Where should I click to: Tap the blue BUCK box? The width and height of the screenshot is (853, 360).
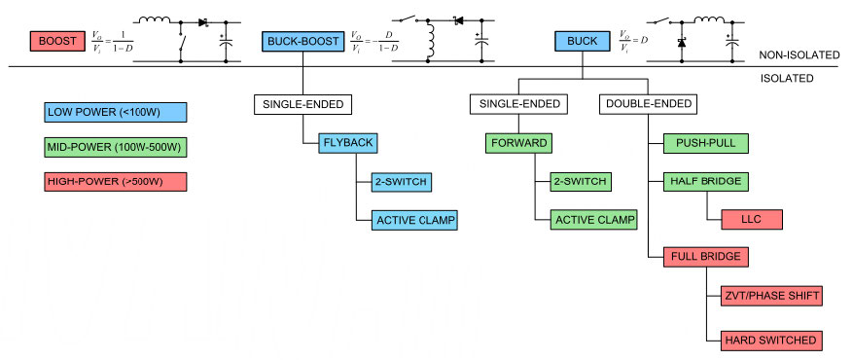tap(583, 41)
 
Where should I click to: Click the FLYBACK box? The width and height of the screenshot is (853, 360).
tap(347, 143)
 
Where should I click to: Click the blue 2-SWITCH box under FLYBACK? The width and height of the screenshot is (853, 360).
tap(400, 181)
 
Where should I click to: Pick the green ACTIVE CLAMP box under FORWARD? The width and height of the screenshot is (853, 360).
tap(593, 219)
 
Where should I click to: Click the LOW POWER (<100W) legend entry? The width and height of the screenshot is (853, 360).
tap(115, 112)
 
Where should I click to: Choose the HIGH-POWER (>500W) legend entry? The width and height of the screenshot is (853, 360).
tap(115, 182)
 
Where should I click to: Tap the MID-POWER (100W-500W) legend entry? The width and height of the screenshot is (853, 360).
tap(115, 147)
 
